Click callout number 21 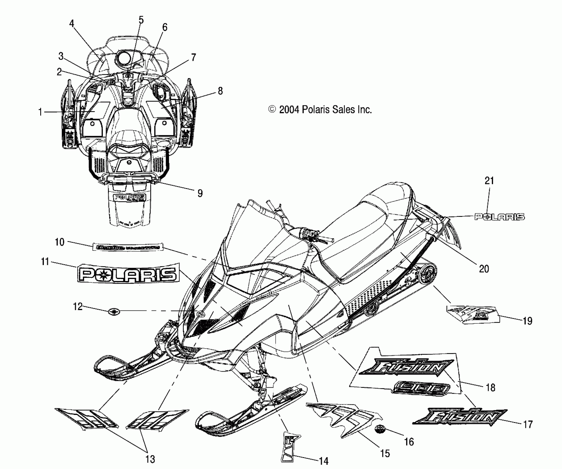pyautogui.click(x=489, y=181)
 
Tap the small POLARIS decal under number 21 pyautogui.click(x=499, y=217)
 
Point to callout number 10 pyautogui.click(x=60, y=242)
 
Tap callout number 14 pyautogui.click(x=323, y=461)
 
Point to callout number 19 pyautogui.click(x=527, y=321)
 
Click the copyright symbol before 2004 pyautogui.click(x=272, y=110)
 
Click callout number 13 pyautogui.click(x=150, y=459)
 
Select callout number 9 pyautogui.click(x=200, y=193)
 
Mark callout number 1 pyautogui.click(x=40, y=112)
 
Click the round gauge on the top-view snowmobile pyautogui.click(x=124, y=58)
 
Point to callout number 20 pyautogui.click(x=484, y=268)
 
